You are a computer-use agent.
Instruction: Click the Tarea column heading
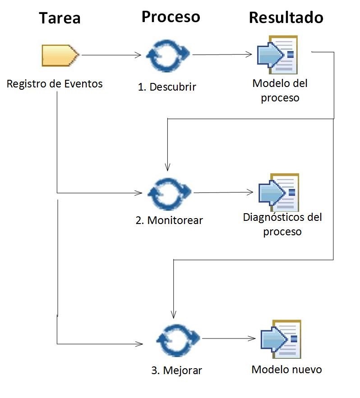pyautogui.click(x=60, y=18)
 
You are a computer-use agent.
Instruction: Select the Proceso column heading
pyautogui.click(x=171, y=16)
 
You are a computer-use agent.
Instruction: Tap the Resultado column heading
pyautogui.click(x=286, y=17)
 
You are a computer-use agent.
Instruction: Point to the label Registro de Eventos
pyautogui.click(x=55, y=84)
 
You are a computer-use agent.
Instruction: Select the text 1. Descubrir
pyautogui.click(x=167, y=87)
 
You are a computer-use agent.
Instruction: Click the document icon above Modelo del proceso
pyautogui.click(x=277, y=55)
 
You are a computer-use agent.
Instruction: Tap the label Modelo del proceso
pyautogui.click(x=280, y=91)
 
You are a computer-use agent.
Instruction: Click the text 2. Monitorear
pyautogui.click(x=169, y=220)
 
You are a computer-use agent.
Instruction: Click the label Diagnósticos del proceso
pyautogui.click(x=282, y=224)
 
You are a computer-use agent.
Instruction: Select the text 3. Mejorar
pyautogui.click(x=176, y=371)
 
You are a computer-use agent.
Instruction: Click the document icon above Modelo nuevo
pyautogui.click(x=281, y=338)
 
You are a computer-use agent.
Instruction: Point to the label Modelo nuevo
pyautogui.click(x=286, y=370)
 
